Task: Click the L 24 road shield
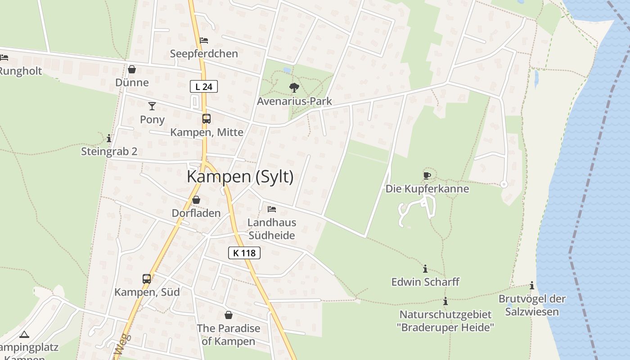pos(204,86)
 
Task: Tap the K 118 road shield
pos(244,253)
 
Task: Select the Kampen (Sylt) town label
pos(240,176)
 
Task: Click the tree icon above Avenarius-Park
pos(294,87)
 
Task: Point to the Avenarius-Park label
pos(294,101)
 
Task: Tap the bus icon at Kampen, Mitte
pos(206,119)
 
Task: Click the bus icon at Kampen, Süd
pos(147,279)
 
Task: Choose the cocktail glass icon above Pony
pos(152,106)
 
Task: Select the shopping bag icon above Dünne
pos(132,69)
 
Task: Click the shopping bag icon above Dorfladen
pos(196,200)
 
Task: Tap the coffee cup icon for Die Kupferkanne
pos(427,175)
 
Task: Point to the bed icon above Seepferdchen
pos(204,40)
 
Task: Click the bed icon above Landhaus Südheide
pos(272,209)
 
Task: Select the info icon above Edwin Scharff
pos(425,269)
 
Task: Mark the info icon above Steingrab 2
pos(109,138)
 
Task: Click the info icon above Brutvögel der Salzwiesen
pos(532,285)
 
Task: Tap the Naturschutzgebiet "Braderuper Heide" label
pos(445,321)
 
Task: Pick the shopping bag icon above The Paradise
pos(229,315)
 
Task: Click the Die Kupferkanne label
pos(427,189)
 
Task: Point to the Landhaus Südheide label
pos(272,229)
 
